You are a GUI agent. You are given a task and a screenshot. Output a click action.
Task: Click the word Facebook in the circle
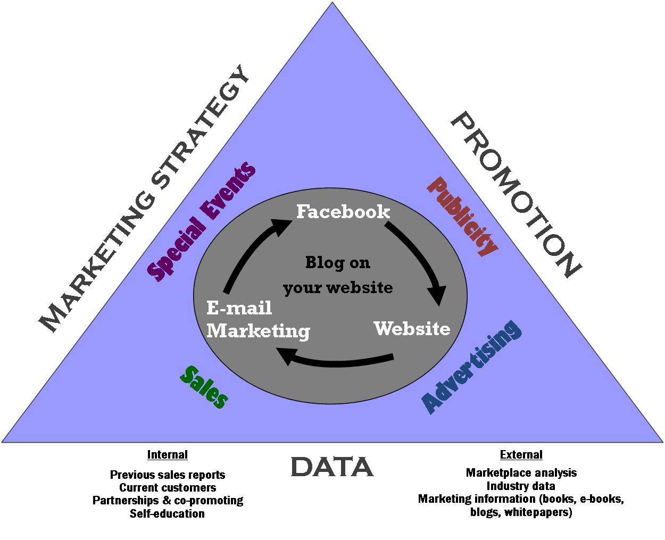(x=343, y=212)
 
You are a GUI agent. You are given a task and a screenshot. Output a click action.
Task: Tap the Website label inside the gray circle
(x=412, y=328)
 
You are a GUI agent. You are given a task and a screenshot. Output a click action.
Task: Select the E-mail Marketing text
(x=258, y=320)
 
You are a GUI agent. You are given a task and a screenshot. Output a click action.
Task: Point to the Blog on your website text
(x=338, y=275)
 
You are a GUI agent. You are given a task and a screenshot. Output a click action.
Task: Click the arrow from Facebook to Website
(x=420, y=261)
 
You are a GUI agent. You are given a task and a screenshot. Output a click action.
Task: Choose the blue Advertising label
(x=471, y=367)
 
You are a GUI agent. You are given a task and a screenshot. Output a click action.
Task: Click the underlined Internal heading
(x=168, y=455)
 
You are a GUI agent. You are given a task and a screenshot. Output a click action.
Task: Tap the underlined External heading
(x=521, y=455)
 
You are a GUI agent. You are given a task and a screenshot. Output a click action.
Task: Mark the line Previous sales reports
(x=168, y=475)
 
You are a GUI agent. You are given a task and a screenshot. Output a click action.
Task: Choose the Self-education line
(x=168, y=513)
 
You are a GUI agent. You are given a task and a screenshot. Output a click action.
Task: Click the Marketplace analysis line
(x=521, y=472)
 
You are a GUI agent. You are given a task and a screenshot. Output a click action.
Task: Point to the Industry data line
(x=521, y=486)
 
